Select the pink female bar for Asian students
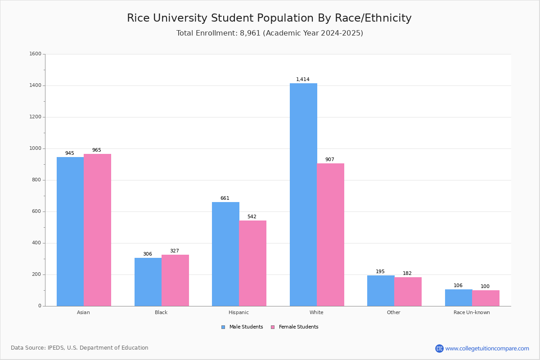coord(97,230)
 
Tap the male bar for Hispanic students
coord(225,254)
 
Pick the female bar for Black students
coord(175,280)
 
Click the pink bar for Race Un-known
coord(486,298)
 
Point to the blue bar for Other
coord(381,291)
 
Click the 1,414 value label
coord(303,80)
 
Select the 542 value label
coord(252,217)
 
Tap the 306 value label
coord(148,254)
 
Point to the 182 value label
coord(407,274)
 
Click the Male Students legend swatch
coord(223,327)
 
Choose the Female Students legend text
coord(298,327)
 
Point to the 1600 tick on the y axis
coord(35,54)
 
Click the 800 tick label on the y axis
coord(36,180)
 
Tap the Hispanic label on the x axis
coord(238,312)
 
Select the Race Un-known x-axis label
coord(472,312)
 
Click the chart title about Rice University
coord(269,18)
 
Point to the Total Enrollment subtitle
coord(270,33)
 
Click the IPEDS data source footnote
coord(80,348)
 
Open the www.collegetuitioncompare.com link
coord(487,348)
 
